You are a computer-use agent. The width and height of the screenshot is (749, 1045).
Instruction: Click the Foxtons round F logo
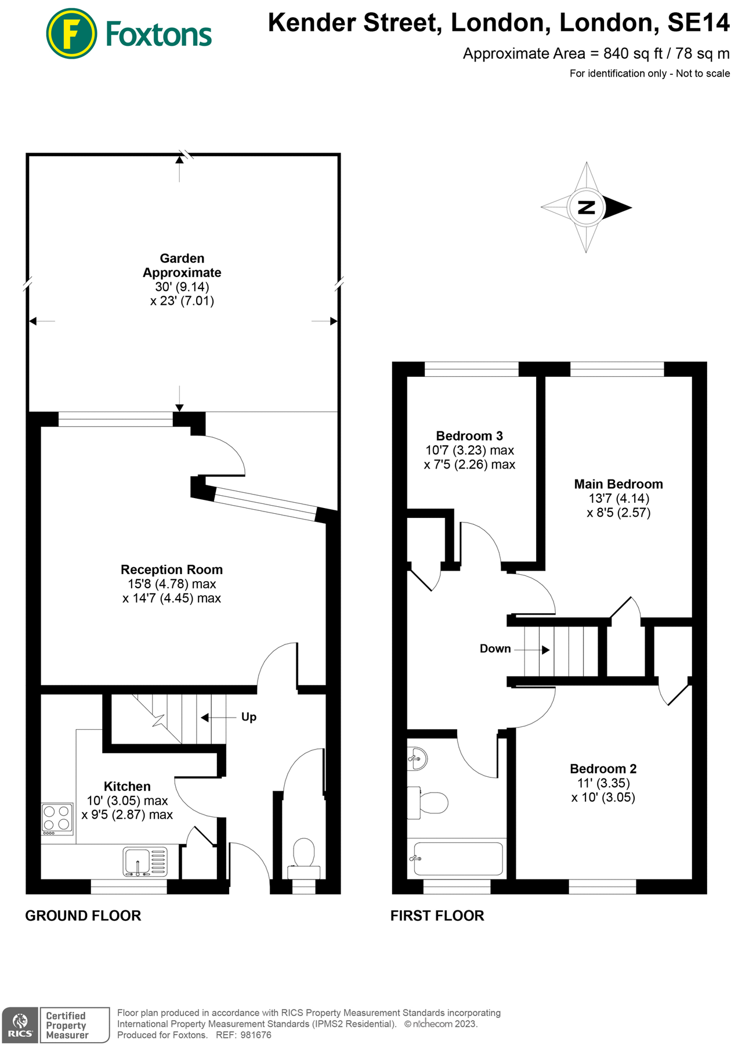coord(71,34)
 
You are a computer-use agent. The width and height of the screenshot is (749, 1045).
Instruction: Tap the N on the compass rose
coord(587,207)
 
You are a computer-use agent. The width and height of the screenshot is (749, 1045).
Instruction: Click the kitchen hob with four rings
coord(57,819)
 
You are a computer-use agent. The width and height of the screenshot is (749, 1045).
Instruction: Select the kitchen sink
coord(138,860)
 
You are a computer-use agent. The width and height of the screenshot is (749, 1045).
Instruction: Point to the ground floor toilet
coord(304,856)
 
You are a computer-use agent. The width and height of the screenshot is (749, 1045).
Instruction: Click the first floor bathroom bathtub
coord(457,859)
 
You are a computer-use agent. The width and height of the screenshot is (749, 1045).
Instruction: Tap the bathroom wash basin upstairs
coord(418,758)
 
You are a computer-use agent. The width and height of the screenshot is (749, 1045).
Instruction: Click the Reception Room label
coord(172,570)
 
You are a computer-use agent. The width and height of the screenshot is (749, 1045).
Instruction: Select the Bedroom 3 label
coord(469,436)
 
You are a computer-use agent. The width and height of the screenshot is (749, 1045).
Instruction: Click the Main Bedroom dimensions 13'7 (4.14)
coord(618,498)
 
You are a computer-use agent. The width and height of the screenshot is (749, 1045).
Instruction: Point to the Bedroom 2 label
coord(603,769)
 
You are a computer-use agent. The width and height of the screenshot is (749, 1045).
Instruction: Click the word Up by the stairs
coord(249,717)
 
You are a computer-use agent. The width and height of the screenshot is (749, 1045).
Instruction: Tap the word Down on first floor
coord(495,648)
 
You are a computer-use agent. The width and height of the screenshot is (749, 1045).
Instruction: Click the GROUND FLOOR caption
coord(83,916)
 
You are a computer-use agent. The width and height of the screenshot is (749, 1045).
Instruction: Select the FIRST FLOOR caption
coord(437,916)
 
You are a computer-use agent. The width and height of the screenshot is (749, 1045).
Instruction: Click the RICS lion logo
coord(20,1025)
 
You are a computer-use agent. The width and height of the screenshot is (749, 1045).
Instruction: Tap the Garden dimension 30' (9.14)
coord(182,287)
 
